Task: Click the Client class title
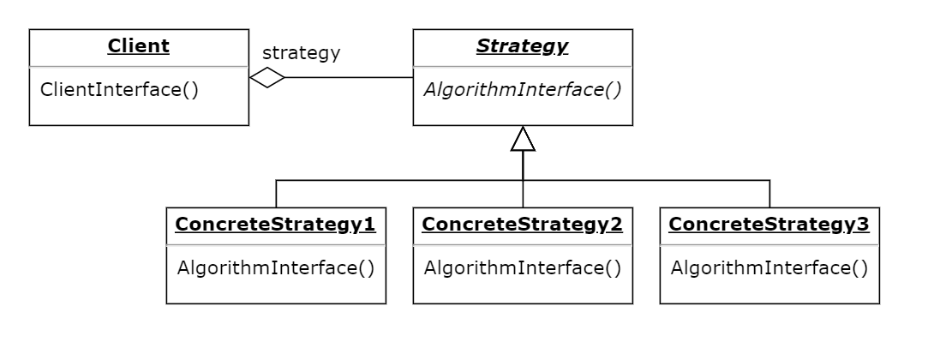[138, 47]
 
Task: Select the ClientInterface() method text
[108, 89]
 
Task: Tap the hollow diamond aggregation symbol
[266, 78]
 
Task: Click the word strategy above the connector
[301, 53]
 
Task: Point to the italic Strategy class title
[522, 47]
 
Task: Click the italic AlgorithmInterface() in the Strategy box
[523, 89]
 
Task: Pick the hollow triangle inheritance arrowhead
[523, 140]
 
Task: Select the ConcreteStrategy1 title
[275, 225]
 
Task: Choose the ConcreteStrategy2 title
[522, 225]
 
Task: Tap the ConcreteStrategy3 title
[769, 225]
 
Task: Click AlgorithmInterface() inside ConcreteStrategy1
[276, 267]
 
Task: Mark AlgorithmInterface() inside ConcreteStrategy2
[523, 267]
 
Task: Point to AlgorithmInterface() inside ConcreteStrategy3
[769, 267]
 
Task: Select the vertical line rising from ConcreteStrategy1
[276, 194]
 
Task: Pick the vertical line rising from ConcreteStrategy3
[769, 194]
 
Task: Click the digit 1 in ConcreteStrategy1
[370, 225]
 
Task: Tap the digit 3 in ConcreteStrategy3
[863, 225]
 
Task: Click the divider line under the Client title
[139, 66]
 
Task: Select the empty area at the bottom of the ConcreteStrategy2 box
[523, 290]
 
